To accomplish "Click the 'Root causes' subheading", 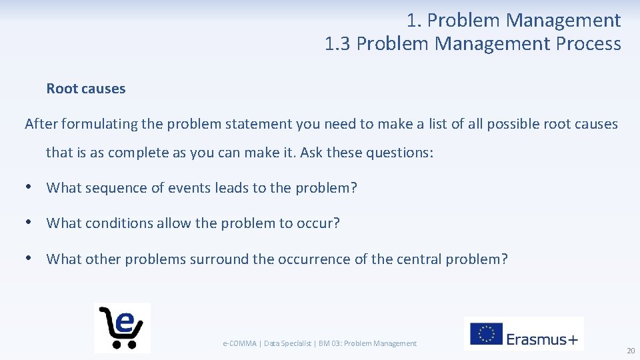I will click(86, 89).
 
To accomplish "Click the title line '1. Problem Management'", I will click(513, 21).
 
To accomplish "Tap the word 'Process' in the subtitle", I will click(589, 44).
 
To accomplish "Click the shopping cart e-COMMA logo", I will click(122, 327).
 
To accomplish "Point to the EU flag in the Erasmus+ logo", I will click(486, 334).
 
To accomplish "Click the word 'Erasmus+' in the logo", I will click(542, 339).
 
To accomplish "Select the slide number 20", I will click(630, 351).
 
